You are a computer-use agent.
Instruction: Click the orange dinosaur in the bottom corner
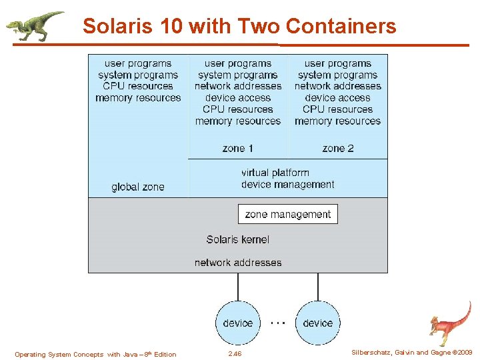449,323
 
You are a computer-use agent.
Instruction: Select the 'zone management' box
288,214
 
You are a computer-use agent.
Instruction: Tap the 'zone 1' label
238,148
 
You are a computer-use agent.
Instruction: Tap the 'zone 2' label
338,148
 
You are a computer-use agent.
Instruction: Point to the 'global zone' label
138,187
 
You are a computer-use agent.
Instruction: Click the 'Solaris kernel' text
238,239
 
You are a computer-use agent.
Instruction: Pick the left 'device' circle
238,323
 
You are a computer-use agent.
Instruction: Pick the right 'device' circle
318,323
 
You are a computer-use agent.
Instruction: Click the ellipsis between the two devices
278,321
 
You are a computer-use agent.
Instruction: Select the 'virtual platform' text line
275,173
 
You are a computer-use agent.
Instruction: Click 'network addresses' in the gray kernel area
238,263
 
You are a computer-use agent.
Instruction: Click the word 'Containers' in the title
341,27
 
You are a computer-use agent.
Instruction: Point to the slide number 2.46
235,354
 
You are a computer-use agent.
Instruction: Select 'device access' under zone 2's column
338,98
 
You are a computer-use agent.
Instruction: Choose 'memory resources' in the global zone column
138,98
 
